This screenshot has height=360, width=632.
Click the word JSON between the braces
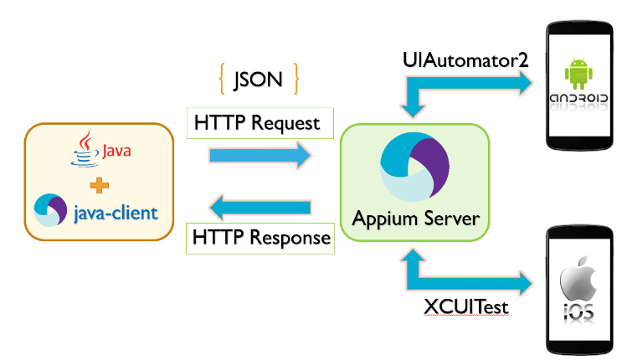[258, 80]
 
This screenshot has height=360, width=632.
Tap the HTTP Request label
[257, 123]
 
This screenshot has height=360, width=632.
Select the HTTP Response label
[261, 238]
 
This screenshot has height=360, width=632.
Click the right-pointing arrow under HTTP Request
[259, 156]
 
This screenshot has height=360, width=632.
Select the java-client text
[116, 213]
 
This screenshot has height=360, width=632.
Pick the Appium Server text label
[416, 219]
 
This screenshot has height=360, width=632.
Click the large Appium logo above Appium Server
[415, 167]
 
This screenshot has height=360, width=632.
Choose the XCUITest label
[466, 307]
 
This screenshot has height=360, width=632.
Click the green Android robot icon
[578, 74]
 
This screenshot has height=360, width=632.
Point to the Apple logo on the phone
[578, 277]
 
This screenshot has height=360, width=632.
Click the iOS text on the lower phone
[578, 312]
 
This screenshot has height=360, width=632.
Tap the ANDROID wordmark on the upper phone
[578, 100]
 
